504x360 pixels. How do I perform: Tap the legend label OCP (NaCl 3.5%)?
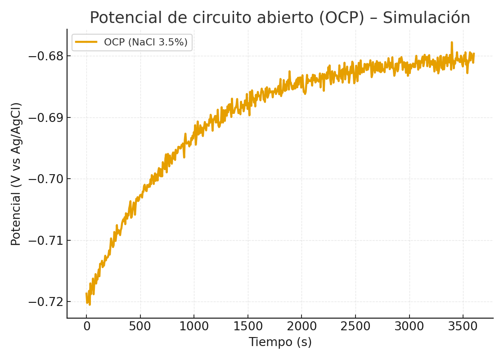point(145,42)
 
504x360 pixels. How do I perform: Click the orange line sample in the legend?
point(86,42)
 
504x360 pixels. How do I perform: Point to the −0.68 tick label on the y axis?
point(46,56)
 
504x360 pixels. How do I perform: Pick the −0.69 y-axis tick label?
point(46,118)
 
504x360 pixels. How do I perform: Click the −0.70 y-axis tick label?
point(46,179)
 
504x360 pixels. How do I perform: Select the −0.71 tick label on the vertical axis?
point(46,240)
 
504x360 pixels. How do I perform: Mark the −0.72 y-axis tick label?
point(46,301)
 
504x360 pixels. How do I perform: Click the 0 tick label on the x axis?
point(86,326)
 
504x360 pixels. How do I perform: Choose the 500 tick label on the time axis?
point(140,326)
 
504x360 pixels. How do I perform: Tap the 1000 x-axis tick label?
point(194,326)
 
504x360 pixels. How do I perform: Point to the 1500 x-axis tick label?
point(248,326)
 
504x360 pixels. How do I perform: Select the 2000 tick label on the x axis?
point(301,326)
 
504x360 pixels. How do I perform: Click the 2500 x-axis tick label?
point(355,326)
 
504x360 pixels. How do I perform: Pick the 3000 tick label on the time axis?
point(409,326)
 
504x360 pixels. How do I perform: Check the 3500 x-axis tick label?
point(463,326)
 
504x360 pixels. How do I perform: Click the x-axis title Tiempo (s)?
point(280,342)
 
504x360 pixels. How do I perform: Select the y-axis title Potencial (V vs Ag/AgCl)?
point(16,174)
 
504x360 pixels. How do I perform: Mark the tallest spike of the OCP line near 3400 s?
point(451,43)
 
